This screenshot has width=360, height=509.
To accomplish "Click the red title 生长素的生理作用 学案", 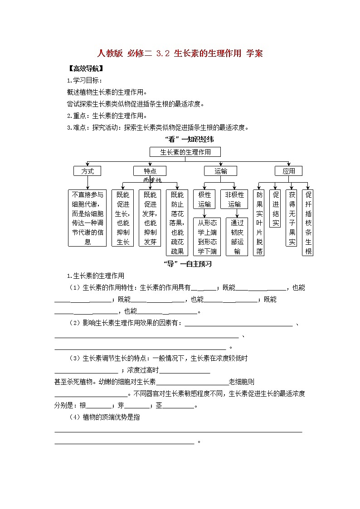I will tap(180, 53).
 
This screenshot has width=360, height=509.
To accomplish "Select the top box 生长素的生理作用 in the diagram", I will tap(185, 152).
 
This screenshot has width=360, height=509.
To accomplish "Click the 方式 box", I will tap(88, 171).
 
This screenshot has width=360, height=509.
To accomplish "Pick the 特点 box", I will tap(150, 171).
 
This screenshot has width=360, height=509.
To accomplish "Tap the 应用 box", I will tap(289, 171).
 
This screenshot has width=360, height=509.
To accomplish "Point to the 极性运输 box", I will tap(205, 199).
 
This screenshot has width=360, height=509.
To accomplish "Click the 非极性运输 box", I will tap(234, 199).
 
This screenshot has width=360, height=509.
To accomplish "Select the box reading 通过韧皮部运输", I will tap(237, 237).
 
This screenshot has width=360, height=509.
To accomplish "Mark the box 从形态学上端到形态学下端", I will tap(207, 237).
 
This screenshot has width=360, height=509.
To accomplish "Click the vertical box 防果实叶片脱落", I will tap(259, 223).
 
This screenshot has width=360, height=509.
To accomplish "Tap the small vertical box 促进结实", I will tap(276, 208).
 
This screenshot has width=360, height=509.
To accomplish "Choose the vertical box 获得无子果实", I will tap(292, 218).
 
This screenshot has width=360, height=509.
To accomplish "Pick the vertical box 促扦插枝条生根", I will tap(308, 223).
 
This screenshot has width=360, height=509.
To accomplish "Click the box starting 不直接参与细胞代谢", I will tap(88, 218).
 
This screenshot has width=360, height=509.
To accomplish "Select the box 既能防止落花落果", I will tap(177, 223).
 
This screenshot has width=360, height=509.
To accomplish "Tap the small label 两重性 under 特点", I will tap(152, 180).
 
